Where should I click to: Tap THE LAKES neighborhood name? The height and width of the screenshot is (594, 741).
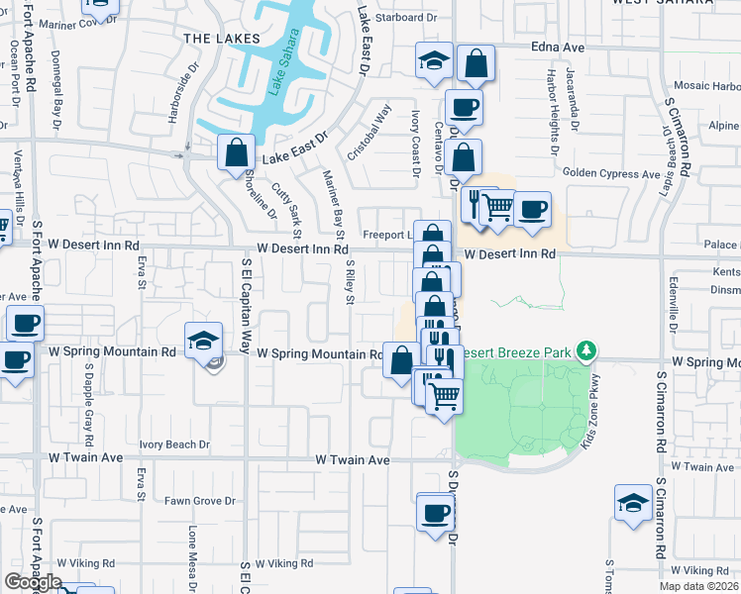point(221,39)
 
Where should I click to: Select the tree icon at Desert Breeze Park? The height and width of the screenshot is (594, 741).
point(586,350)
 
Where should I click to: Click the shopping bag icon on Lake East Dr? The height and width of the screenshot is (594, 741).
point(236,154)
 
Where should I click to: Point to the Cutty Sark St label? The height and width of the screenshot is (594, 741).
point(290,208)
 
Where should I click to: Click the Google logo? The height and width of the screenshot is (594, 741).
point(34,582)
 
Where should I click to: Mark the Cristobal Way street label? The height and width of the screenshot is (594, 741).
point(368,135)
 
